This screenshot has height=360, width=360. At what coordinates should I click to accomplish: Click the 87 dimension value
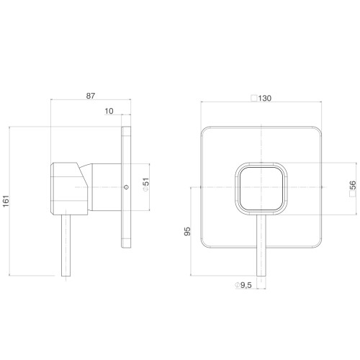point(91,96)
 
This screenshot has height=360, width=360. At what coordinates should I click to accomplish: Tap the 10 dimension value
point(109,111)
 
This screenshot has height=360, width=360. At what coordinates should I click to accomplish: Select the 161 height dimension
point(6,201)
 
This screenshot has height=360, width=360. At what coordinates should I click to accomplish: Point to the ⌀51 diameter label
point(146,185)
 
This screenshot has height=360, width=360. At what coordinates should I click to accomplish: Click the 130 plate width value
point(265,98)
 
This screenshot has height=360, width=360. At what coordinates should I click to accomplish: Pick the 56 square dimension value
point(353,185)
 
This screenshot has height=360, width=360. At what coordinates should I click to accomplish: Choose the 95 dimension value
point(187,231)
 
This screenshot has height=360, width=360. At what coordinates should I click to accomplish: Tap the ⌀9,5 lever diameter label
point(243,285)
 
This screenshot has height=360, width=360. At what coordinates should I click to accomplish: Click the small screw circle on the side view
point(126,187)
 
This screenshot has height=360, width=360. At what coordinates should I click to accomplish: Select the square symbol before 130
point(254,98)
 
